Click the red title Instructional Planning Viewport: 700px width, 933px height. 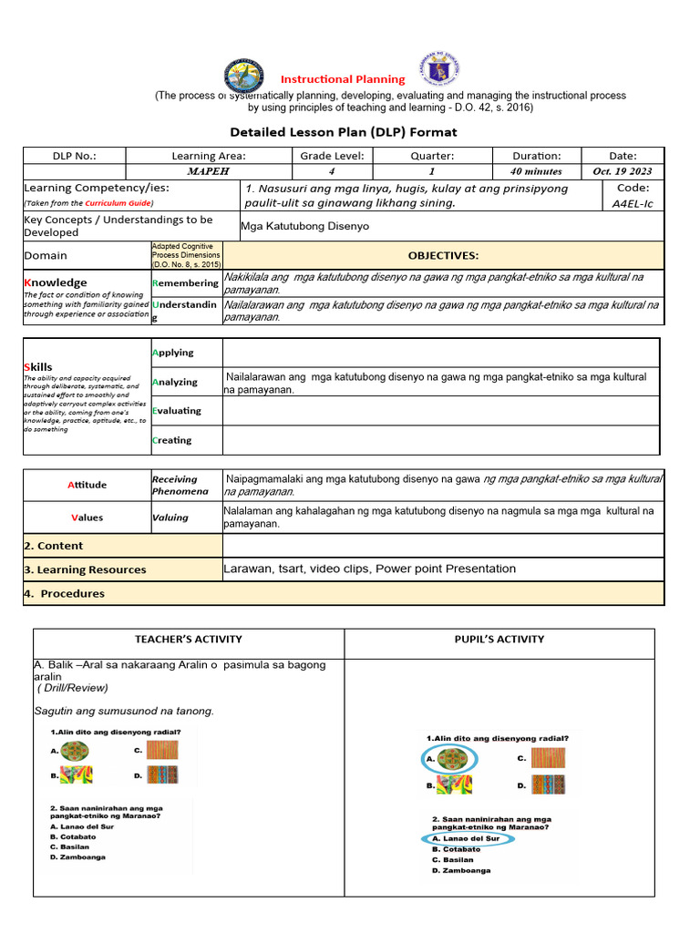[342, 79]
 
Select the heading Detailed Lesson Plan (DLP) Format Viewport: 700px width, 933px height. [343, 132]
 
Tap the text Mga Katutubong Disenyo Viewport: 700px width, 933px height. [305, 226]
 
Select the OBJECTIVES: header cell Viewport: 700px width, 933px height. [443, 256]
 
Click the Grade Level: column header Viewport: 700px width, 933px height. [332, 156]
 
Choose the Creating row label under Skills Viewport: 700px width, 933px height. [172, 440]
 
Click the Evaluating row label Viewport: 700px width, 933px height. [177, 411]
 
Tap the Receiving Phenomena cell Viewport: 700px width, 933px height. [180, 485]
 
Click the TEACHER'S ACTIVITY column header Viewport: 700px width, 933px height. [189, 639]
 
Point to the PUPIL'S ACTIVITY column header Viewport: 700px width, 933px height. [499, 639]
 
